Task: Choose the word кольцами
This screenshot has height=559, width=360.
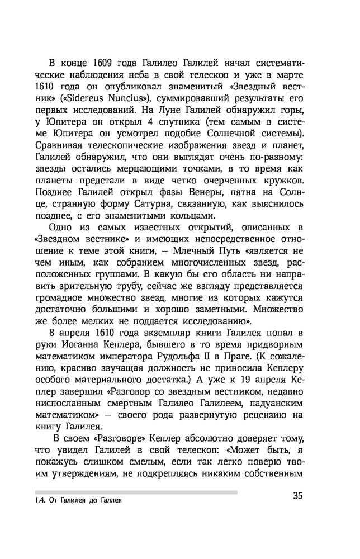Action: pyautogui.click(x=187, y=228)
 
